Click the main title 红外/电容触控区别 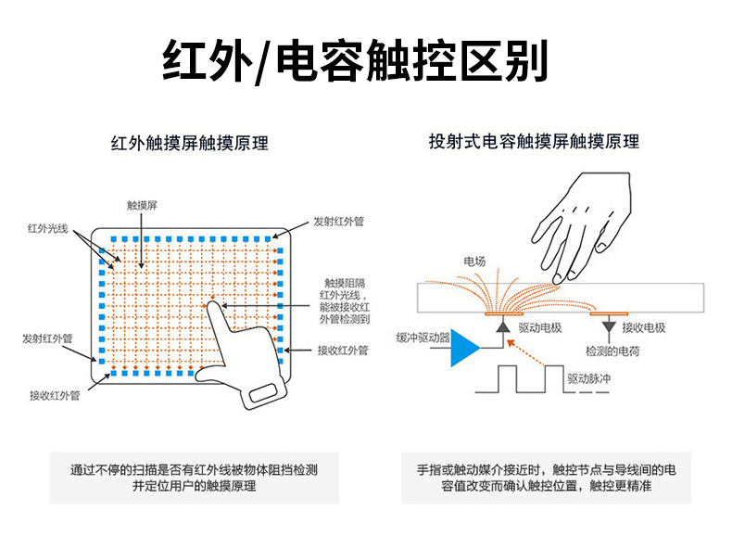coord(356,61)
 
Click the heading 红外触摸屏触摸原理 coord(189,144)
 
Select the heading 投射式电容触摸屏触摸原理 coord(534,142)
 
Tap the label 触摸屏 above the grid coord(142,205)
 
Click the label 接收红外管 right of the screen coord(343,351)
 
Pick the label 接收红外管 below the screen coord(54,396)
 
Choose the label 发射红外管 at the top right coord(338,222)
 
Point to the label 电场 coord(473,262)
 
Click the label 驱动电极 coord(540,328)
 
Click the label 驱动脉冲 coord(589,378)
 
